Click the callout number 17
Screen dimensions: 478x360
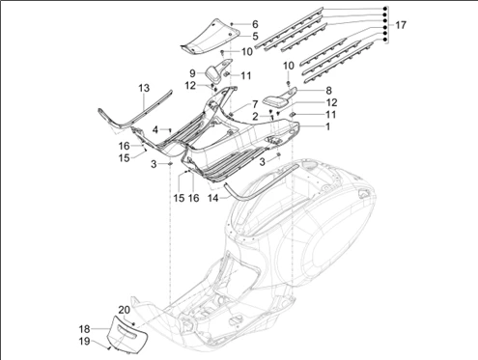(x=401, y=25)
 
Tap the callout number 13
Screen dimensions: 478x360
(x=144, y=88)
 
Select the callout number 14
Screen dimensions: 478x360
(x=213, y=198)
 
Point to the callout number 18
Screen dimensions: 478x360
(x=84, y=329)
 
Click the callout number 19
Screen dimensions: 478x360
(x=84, y=342)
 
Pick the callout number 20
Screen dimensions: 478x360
(x=125, y=310)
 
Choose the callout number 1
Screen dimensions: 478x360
(x=327, y=126)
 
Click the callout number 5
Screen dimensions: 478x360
(x=255, y=36)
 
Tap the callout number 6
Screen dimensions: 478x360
(x=255, y=24)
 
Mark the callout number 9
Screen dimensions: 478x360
(x=192, y=73)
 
